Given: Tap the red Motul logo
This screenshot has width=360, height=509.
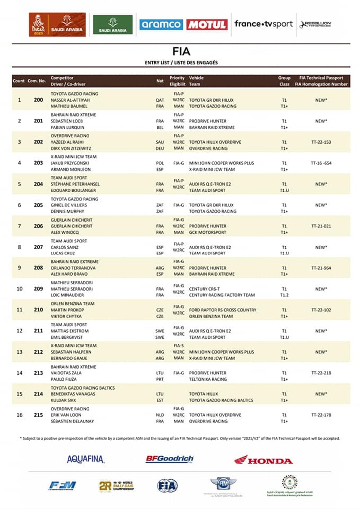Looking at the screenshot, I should (207, 25).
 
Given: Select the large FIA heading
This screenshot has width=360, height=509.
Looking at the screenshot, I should (181, 52).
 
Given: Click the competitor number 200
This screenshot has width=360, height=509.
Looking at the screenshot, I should (38, 100).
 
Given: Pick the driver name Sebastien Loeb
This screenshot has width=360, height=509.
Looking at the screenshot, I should (68, 121).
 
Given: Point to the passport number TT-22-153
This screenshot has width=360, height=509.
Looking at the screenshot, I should (321, 142).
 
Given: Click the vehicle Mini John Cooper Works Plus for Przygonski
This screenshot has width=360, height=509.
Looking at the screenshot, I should (221, 163).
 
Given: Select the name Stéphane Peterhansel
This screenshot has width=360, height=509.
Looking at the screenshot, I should (75, 184).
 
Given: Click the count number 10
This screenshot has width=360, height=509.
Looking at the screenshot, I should (19, 289).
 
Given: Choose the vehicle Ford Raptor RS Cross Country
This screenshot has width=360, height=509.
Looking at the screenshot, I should (223, 310).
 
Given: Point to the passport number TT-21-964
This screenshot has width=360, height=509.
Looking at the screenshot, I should (321, 268).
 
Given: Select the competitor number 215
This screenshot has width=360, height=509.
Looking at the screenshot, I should (38, 415).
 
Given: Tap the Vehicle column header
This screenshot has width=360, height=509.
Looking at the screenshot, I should (196, 78).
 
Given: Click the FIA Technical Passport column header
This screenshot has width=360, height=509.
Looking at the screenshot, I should (321, 78).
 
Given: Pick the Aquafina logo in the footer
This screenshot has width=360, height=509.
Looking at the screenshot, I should (86, 459).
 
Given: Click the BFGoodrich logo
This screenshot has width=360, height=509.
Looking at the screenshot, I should (170, 459).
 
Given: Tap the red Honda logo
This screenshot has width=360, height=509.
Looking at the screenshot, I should (263, 460).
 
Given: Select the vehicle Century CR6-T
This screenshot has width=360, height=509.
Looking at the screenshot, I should (204, 289).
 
